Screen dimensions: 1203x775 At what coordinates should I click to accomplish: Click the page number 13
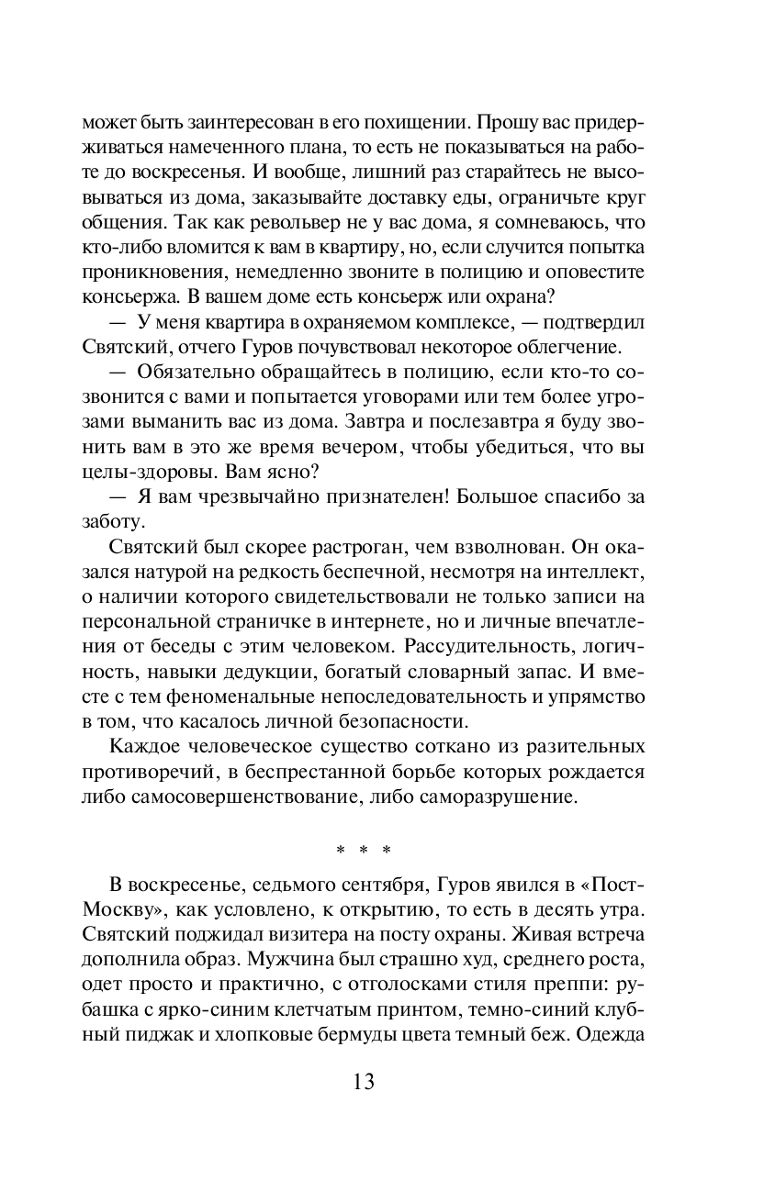point(363,1081)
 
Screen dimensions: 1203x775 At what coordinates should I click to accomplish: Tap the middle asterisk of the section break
point(364,850)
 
